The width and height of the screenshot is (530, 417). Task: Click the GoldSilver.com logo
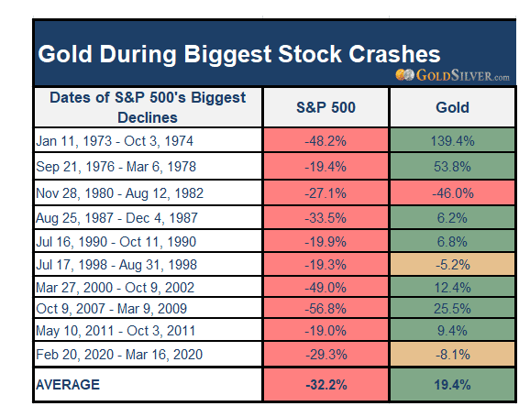point(452,75)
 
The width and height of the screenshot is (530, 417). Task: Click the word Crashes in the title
point(394,54)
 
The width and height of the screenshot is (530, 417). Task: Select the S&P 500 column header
point(326,107)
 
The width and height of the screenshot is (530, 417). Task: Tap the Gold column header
point(452,107)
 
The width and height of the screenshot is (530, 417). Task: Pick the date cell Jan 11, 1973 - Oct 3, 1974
point(115,141)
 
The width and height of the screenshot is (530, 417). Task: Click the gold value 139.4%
point(452,141)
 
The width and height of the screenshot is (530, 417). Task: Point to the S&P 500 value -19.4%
point(326,167)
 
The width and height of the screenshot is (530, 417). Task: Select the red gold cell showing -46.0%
point(453,193)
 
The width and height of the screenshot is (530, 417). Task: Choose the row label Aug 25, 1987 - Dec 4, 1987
point(116,218)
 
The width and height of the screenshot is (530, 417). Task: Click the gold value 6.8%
point(452,242)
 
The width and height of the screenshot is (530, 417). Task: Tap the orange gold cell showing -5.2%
point(453,264)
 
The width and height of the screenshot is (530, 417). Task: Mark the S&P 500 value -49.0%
point(326,288)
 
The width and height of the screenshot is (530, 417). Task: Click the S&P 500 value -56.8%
point(326,309)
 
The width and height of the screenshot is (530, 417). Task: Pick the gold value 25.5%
point(452,309)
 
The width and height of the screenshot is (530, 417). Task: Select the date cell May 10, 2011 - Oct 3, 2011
point(116,331)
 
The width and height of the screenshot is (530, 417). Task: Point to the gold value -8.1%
point(453,355)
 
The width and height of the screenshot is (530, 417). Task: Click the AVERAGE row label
point(68,385)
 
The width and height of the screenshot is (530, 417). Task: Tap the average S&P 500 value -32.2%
point(326,385)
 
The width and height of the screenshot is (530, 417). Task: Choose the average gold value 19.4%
point(452,385)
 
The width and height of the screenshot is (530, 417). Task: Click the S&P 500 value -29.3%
point(326,355)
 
